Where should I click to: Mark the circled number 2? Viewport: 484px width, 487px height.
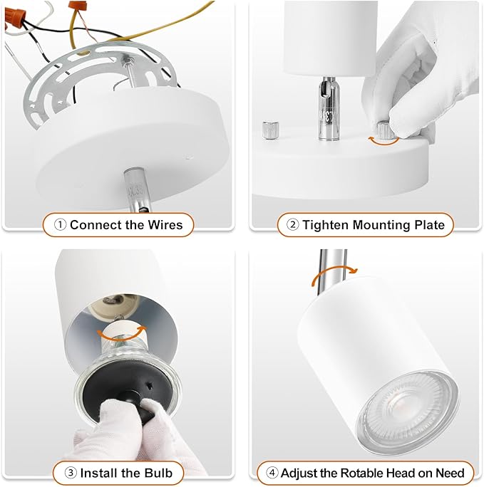click(x=292, y=225)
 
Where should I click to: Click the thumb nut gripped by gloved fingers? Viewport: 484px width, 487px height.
click(x=386, y=130)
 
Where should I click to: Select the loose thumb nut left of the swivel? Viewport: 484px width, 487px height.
click(x=269, y=130)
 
